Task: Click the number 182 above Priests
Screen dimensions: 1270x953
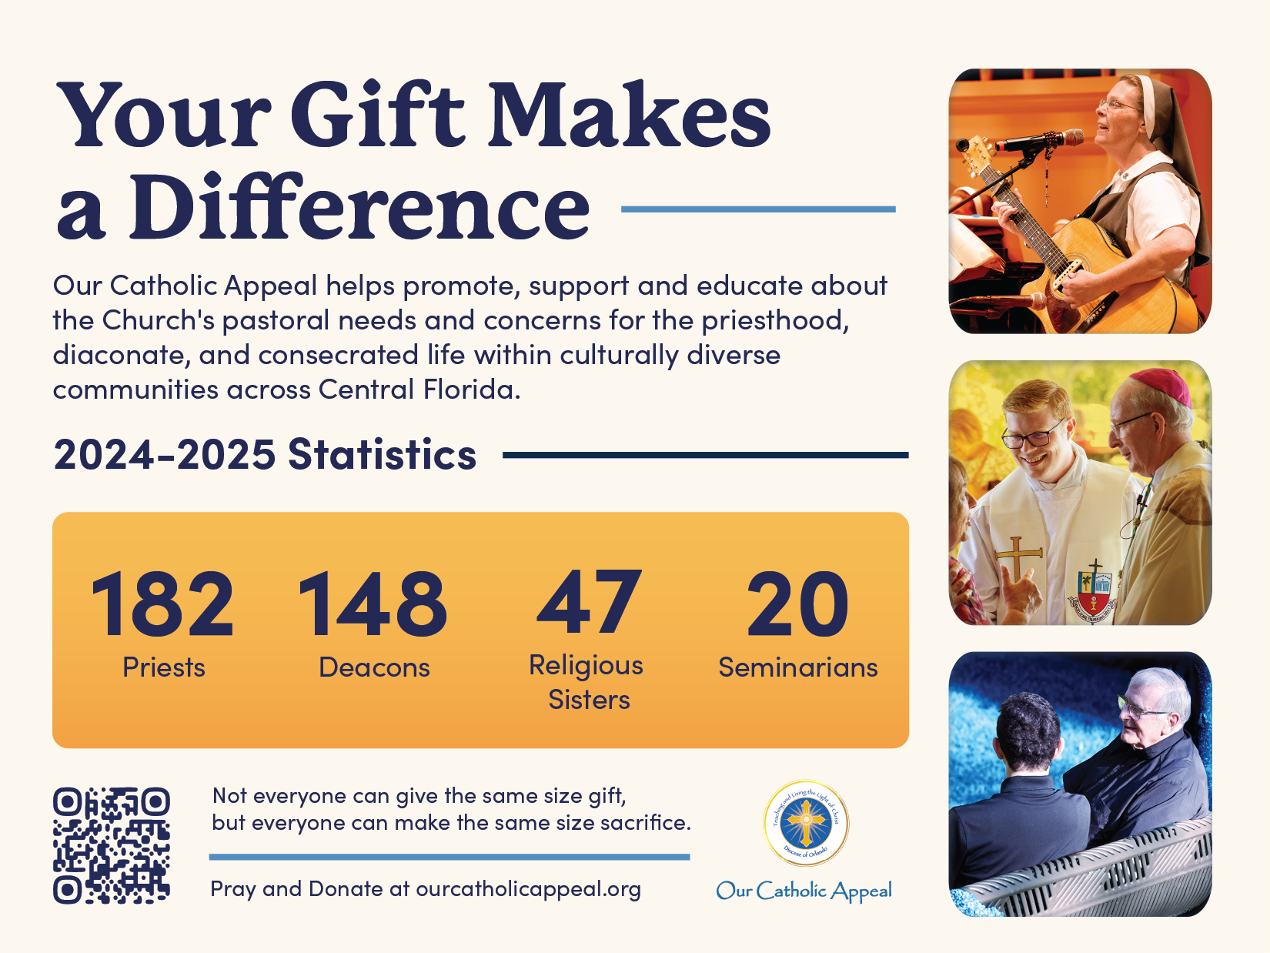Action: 162,603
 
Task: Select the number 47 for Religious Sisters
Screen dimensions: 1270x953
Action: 589,602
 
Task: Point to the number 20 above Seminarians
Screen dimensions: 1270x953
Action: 797,603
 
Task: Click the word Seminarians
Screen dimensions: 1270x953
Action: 798,667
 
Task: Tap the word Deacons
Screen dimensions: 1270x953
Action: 374,667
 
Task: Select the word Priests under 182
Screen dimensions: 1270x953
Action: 164,667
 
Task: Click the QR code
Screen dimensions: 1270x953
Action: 111,845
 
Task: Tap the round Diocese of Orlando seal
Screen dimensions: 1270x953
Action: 805,823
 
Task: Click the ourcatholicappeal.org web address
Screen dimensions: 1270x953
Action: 528,889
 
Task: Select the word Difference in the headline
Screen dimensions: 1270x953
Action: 359,206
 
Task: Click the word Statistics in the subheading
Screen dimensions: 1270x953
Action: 382,455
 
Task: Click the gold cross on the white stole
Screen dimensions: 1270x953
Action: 1018,558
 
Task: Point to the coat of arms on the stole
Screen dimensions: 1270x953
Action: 1091,590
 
